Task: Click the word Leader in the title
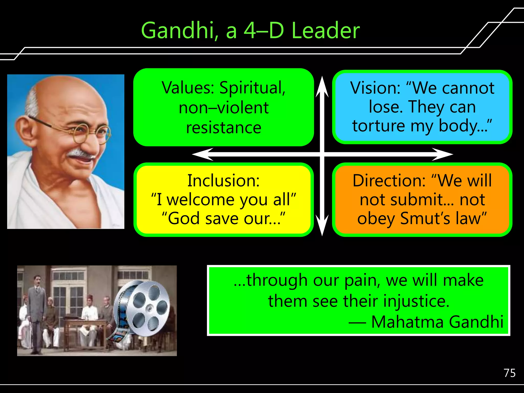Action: tap(325, 30)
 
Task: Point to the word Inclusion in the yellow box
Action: tap(223, 181)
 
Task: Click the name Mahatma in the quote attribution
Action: tap(407, 322)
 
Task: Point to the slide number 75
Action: tap(509, 373)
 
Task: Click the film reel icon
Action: tap(142, 307)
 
